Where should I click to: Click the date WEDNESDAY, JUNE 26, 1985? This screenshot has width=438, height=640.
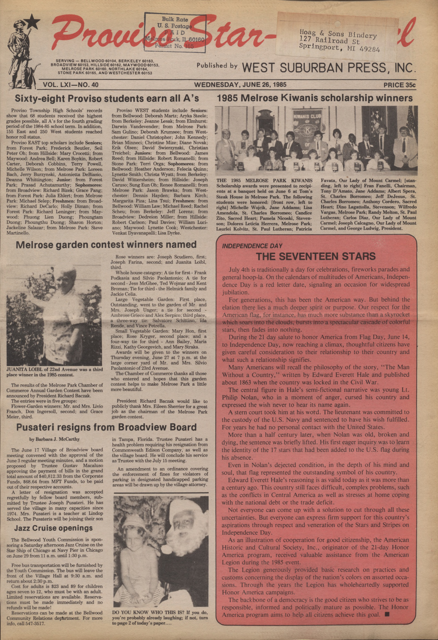pos(240,85)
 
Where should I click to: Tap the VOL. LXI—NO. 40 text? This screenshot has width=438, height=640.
pos(71,85)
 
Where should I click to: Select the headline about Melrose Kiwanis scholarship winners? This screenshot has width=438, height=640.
pos(315,98)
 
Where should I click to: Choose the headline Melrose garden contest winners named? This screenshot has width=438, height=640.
pos(106,244)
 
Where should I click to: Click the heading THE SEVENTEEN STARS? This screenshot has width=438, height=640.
pos(316,256)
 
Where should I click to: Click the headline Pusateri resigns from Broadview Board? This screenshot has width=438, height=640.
pos(106,427)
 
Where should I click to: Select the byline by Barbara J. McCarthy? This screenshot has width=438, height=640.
pos(55,439)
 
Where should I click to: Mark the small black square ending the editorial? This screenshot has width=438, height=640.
pos(387,615)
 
